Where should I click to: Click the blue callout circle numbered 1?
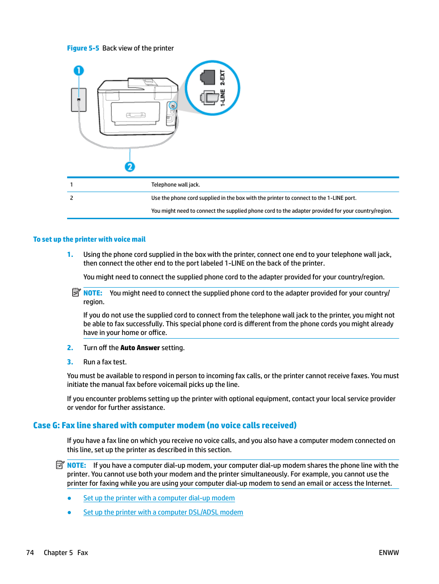coord(79,71)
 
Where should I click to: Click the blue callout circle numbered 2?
coord(130,167)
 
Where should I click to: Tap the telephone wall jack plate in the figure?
coord(79,100)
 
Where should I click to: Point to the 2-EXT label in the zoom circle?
coord(223,78)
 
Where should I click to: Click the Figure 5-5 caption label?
coord(83,48)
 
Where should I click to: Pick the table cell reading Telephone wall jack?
coord(175,185)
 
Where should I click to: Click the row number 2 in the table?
coord(71,198)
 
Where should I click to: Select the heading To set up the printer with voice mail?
coord(89,239)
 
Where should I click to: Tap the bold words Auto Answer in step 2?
coord(140,348)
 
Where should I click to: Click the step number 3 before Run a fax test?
coord(70,362)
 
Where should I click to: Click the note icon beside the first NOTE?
coord(76,292)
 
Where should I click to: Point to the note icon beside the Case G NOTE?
coord(60,465)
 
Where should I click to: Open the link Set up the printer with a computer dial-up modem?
coord(159,498)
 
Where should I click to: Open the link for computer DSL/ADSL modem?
coord(163,512)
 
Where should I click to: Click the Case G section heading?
coord(165,425)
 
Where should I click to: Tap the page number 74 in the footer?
coord(30,553)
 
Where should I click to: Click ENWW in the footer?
coord(388,553)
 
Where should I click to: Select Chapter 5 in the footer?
coord(58,553)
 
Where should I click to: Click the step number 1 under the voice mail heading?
coord(70,255)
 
